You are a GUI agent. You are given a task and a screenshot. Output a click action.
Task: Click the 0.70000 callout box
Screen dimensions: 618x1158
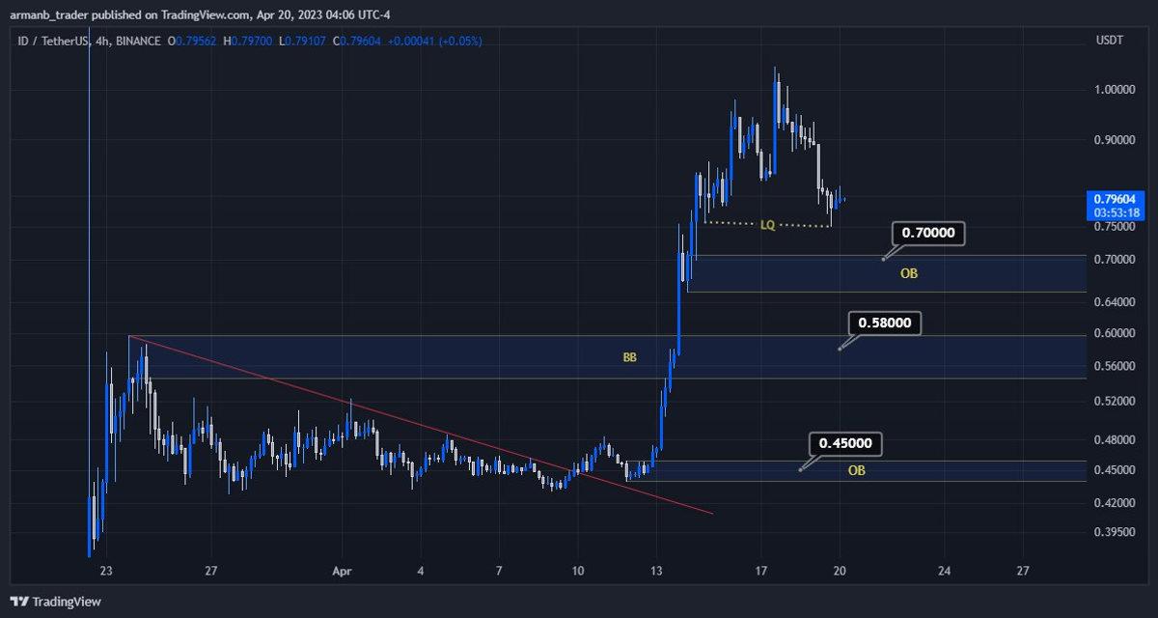[x=927, y=233]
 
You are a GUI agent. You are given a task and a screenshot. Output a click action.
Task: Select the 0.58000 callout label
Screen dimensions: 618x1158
[x=884, y=323]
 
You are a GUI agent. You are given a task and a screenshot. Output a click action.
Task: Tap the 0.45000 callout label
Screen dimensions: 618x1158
[x=845, y=444]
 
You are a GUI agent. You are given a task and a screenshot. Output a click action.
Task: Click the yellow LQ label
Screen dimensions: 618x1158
[x=767, y=225]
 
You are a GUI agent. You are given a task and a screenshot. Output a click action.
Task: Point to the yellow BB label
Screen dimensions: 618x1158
[x=629, y=357]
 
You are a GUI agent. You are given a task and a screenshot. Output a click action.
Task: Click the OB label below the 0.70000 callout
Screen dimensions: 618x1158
[x=909, y=274]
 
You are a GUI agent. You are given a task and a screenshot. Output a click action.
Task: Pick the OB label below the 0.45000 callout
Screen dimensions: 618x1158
[x=856, y=471]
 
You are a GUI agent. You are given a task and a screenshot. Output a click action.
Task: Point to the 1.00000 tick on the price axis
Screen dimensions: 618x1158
[x=1115, y=89]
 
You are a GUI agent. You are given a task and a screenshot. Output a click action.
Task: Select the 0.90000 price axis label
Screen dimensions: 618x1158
[x=1115, y=140]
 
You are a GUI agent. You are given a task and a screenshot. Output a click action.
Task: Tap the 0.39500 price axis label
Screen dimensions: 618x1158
[x=1115, y=532]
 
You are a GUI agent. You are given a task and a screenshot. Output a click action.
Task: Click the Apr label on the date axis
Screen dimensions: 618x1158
[x=339, y=571]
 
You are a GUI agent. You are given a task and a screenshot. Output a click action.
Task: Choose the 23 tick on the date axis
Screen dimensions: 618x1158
[x=106, y=571]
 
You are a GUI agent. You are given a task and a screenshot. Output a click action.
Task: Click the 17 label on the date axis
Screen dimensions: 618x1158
[x=760, y=571]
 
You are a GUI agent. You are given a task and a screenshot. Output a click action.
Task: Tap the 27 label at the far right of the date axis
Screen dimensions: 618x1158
[x=1023, y=571]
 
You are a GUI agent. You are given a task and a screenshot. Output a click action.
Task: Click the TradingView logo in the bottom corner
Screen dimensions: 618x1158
[x=56, y=602]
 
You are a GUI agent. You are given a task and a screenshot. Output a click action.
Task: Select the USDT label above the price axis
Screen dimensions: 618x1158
[x=1109, y=41]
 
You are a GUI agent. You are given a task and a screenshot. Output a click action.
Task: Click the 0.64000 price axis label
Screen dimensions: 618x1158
[x=1115, y=301]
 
